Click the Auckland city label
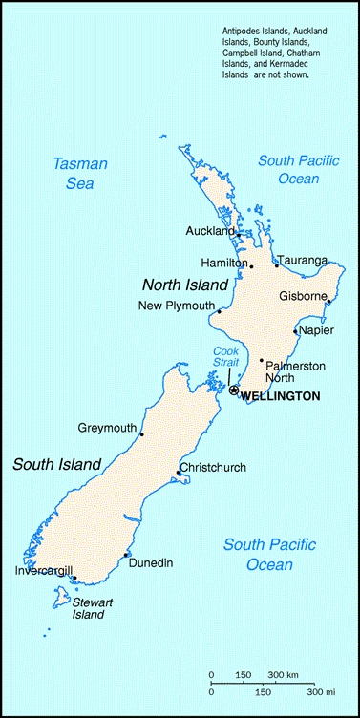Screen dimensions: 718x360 (210, 231)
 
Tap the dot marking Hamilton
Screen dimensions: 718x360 (251, 266)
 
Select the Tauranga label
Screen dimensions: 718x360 (302, 260)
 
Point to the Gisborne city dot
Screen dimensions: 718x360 (328, 302)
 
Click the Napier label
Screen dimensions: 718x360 (315, 330)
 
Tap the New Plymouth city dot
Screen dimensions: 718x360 (219, 311)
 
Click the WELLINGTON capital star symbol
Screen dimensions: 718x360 (234, 390)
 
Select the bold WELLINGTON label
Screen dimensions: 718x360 (280, 395)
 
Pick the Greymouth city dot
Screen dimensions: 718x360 (141, 435)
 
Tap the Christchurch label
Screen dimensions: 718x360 (214, 467)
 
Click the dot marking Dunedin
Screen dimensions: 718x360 (126, 555)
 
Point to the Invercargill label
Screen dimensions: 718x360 (43, 571)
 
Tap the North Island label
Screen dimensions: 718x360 (185, 285)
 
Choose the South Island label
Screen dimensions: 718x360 (56, 465)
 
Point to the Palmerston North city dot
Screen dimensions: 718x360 (261, 360)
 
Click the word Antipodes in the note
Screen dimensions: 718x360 (244, 32)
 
